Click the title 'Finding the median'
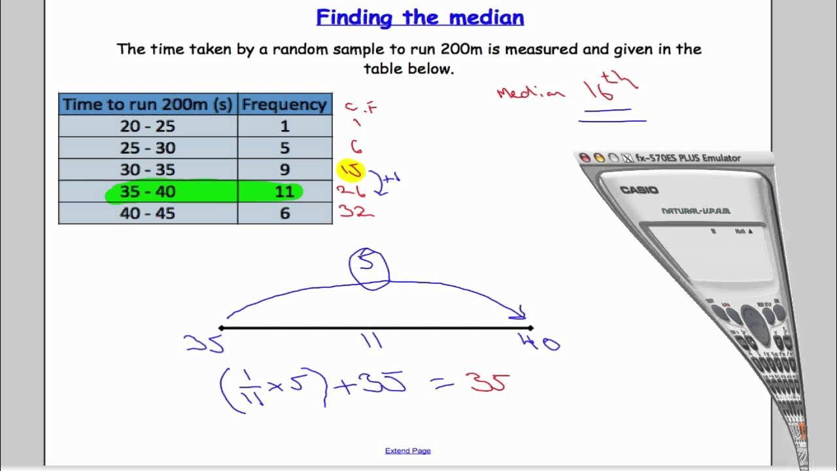tap(420, 18)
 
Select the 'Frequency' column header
tap(284, 105)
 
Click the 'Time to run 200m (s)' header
tap(148, 105)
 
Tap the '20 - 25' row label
tap(148, 126)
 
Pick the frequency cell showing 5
tap(284, 148)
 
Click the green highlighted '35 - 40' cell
tap(148, 192)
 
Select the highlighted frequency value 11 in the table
tap(284, 192)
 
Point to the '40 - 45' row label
tap(148, 213)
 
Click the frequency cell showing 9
tap(284, 169)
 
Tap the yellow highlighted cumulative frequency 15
tap(350, 170)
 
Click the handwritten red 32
tap(355, 211)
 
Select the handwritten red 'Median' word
tap(530, 92)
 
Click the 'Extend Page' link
tap(407, 451)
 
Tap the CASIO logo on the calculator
tap(639, 190)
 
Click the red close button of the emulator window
tap(585, 158)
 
